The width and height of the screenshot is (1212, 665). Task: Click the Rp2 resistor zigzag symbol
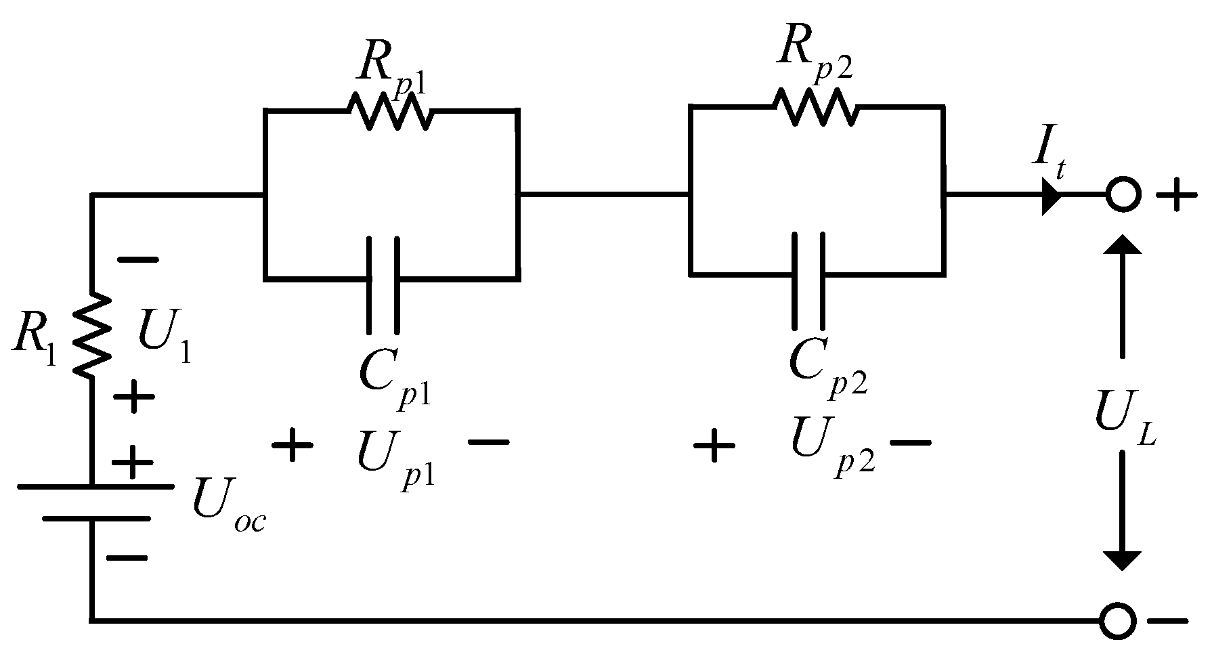815,106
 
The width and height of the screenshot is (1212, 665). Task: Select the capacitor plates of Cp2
808,279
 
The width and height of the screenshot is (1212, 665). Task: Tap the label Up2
830,447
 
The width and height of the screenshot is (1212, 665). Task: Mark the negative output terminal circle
1117,620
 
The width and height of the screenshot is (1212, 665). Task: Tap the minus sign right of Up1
488,443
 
